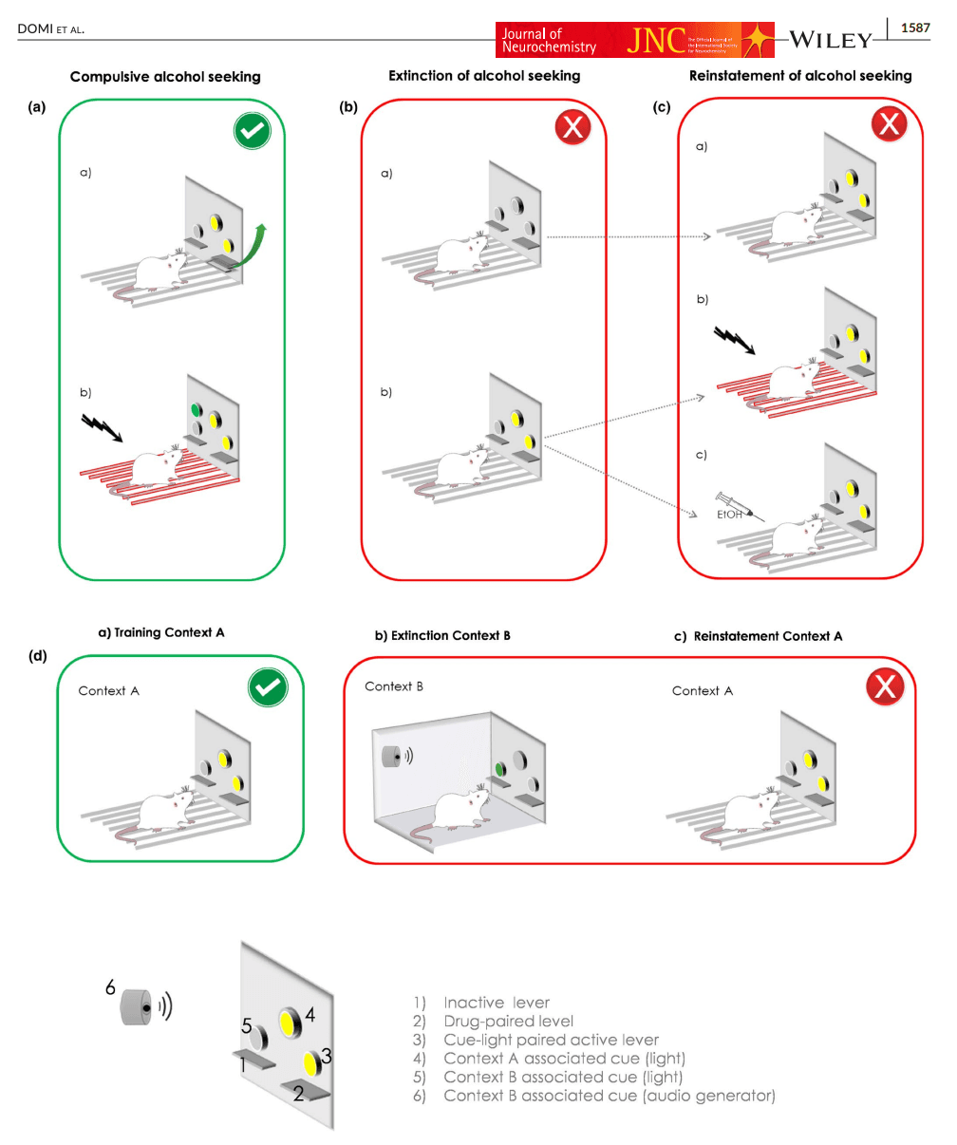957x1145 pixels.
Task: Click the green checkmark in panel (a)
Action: (253, 132)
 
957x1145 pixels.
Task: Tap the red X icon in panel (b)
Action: (572, 127)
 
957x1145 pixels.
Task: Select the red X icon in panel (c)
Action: (889, 123)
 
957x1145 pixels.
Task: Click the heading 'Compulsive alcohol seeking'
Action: (165, 77)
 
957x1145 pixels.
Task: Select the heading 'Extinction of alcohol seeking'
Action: (484, 75)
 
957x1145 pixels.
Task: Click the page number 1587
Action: (915, 28)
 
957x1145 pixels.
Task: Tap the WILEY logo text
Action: (830, 40)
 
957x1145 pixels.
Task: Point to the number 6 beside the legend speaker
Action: (110, 988)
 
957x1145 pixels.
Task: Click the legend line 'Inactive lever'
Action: (496, 1003)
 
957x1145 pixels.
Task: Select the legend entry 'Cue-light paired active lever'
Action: (551, 1040)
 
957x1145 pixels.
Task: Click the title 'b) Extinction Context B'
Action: (442, 635)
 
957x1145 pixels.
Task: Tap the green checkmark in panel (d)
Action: (268, 688)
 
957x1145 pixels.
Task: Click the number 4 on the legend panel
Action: (310, 1015)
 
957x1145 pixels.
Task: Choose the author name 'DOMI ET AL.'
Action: (50, 29)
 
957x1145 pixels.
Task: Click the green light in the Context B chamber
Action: (497, 767)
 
